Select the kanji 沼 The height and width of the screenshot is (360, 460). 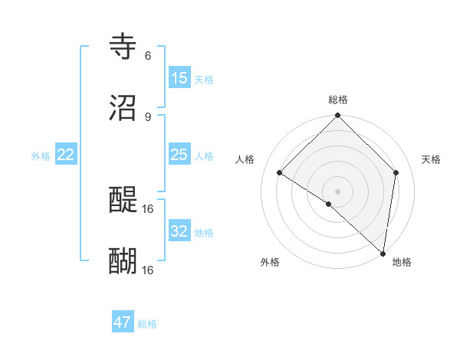tap(123, 108)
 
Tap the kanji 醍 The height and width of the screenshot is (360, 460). tap(123, 201)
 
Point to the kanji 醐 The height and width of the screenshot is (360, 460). tap(123, 261)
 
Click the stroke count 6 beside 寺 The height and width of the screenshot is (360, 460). tap(148, 56)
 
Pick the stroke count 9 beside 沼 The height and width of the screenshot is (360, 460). tap(148, 116)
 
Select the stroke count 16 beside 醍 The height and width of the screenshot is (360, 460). tap(148, 208)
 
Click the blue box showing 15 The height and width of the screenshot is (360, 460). tap(179, 78)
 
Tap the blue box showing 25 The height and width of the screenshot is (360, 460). tap(179, 155)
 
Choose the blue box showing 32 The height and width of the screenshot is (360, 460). tap(179, 231)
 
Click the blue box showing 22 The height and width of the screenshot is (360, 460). tap(66, 155)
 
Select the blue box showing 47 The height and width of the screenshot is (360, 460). tap(123, 322)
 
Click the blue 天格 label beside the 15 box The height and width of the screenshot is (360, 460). tap(204, 80)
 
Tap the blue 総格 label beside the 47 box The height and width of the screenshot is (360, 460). tap(147, 324)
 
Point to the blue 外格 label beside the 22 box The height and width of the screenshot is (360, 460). tap(41, 156)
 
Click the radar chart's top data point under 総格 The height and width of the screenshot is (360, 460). tap(337, 116)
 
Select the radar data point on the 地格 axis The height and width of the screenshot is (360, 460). tap(383, 253)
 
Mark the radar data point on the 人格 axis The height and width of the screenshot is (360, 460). tap(280, 173)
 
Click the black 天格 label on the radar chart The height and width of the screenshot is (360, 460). tap(431, 159)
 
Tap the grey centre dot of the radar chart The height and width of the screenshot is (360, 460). tap(337, 191)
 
